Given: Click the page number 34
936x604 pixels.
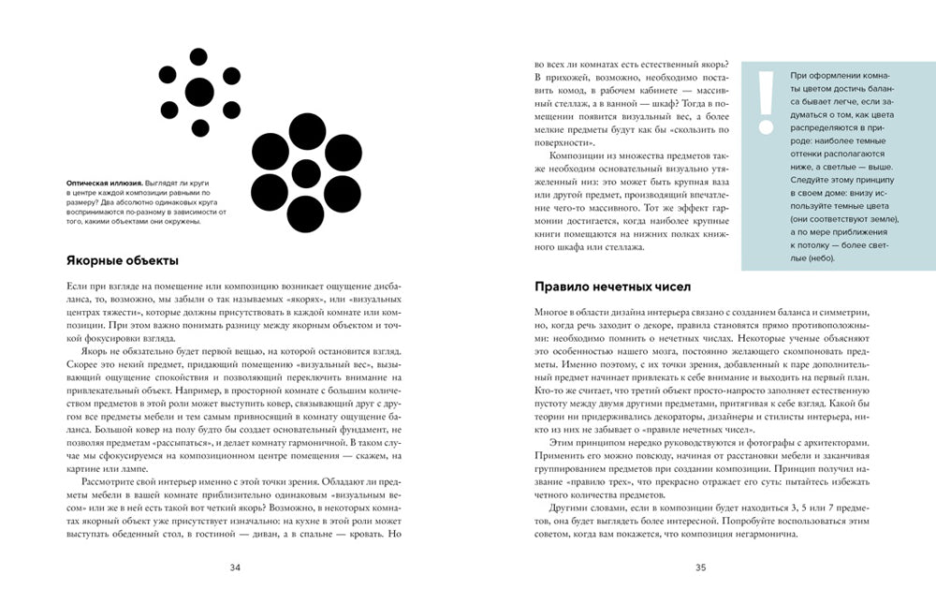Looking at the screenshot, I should tap(235, 567).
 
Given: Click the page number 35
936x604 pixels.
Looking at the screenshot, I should tap(699, 567).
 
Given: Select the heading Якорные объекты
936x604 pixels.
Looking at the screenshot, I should tap(123, 259).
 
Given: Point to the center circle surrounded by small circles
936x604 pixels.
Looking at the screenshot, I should tap(199, 91).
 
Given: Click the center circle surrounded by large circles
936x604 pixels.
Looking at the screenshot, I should tap(305, 173).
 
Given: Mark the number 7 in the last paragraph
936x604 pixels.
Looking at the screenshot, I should tap(845, 507).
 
